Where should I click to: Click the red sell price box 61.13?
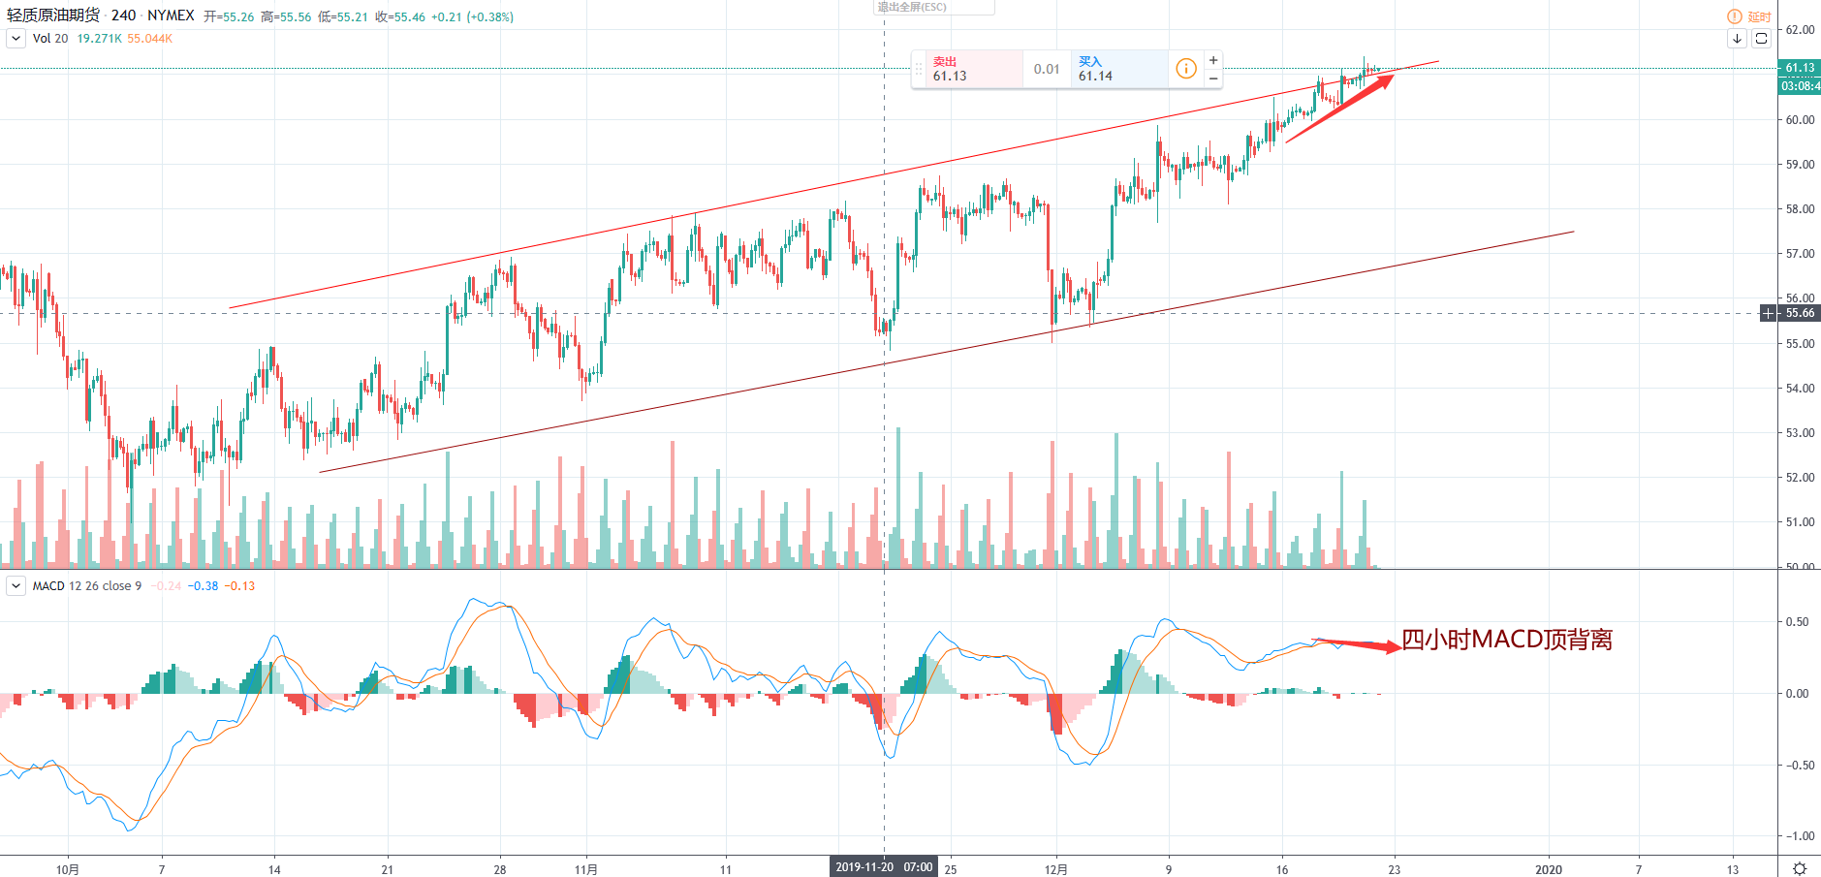(x=972, y=69)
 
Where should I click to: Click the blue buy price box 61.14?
(x=1117, y=69)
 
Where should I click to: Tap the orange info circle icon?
(x=1185, y=69)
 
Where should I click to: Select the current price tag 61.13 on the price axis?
(x=1800, y=68)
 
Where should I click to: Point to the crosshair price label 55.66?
(x=1800, y=313)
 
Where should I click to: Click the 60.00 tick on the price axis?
(x=1800, y=120)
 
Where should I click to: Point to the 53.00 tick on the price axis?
(x=1800, y=433)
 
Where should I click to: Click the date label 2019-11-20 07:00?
(x=884, y=867)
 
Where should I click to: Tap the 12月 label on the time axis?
(x=1055, y=869)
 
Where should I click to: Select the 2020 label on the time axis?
(x=1548, y=869)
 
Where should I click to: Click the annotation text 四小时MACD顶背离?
(x=1507, y=640)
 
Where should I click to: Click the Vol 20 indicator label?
(x=50, y=39)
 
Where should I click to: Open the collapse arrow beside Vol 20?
(x=16, y=39)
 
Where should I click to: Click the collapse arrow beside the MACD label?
(x=16, y=586)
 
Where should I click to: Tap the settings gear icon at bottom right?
(x=1800, y=868)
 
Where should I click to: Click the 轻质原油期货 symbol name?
(x=53, y=16)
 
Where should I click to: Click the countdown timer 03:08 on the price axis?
(x=1800, y=86)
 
